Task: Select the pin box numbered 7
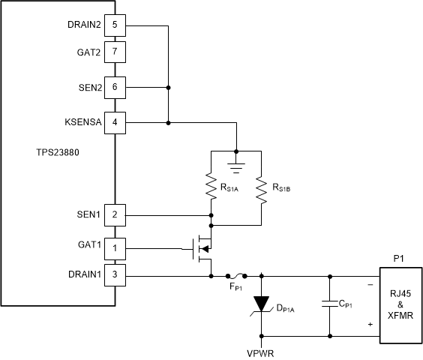pos(115,52)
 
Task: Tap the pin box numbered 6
pos(115,88)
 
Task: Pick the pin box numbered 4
pos(115,121)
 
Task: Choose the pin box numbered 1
pos(115,247)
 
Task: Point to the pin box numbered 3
pos(115,274)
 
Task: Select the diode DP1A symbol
pos(261,304)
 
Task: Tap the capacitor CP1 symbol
pos(329,304)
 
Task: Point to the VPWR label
pos(261,349)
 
